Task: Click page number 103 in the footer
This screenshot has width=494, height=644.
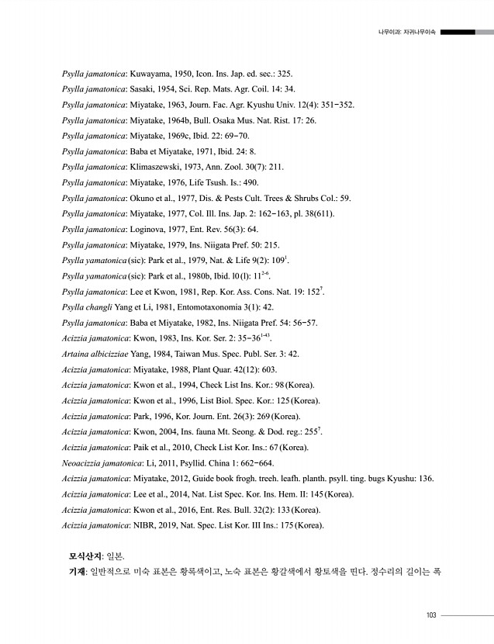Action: (x=431, y=616)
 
